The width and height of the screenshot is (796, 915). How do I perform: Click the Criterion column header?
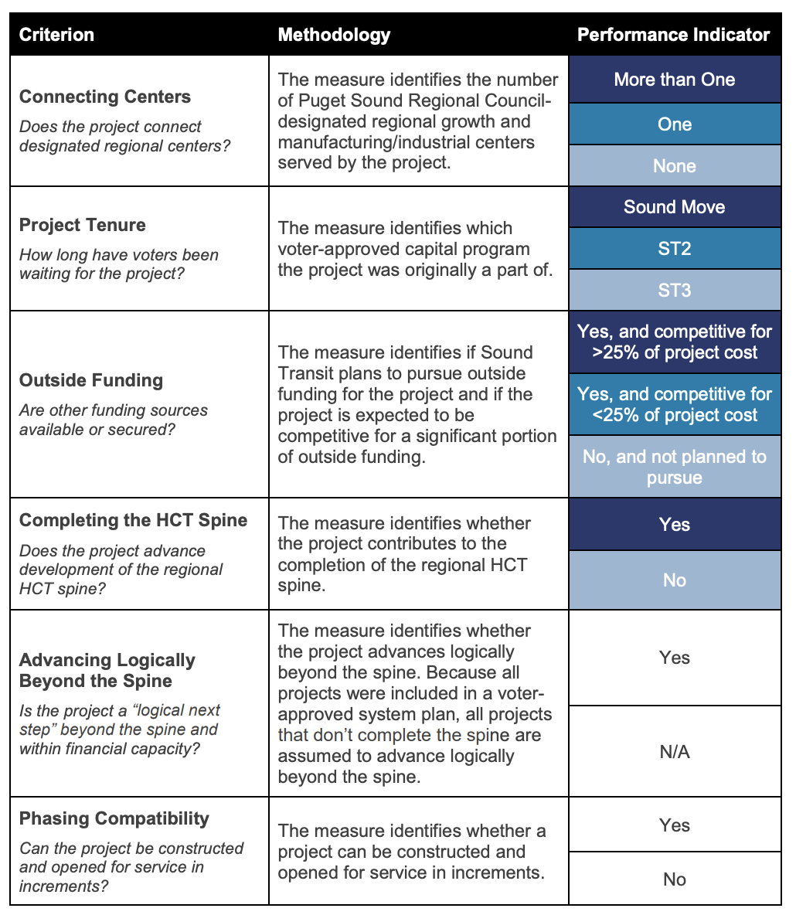click(56, 35)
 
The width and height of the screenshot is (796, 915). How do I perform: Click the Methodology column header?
click(334, 35)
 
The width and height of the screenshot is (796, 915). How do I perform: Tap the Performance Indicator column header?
click(674, 35)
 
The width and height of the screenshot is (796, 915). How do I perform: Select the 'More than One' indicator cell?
click(674, 80)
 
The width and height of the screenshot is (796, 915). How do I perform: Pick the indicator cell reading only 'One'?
click(674, 124)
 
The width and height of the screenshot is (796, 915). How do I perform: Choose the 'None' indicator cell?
click(674, 166)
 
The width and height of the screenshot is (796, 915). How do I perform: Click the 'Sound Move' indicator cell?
click(674, 207)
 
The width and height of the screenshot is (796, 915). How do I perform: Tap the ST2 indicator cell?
click(674, 249)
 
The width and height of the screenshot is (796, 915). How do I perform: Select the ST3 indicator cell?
click(674, 291)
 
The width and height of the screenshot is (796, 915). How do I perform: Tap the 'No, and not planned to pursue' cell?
click(674, 467)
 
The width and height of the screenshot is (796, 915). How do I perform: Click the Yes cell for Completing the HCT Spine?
click(674, 525)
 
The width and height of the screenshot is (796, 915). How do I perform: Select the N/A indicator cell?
click(674, 752)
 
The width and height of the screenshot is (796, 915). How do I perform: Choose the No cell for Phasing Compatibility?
click(674, 879)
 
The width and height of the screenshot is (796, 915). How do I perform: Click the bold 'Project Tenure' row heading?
click(83, 225)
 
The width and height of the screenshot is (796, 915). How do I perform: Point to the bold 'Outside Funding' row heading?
click(91, 380)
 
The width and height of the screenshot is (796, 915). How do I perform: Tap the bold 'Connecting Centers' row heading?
click(105, 97)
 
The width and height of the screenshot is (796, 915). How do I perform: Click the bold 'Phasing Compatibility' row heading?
click(114, 818)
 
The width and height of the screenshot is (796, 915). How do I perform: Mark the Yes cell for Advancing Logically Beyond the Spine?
click(674, 658)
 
